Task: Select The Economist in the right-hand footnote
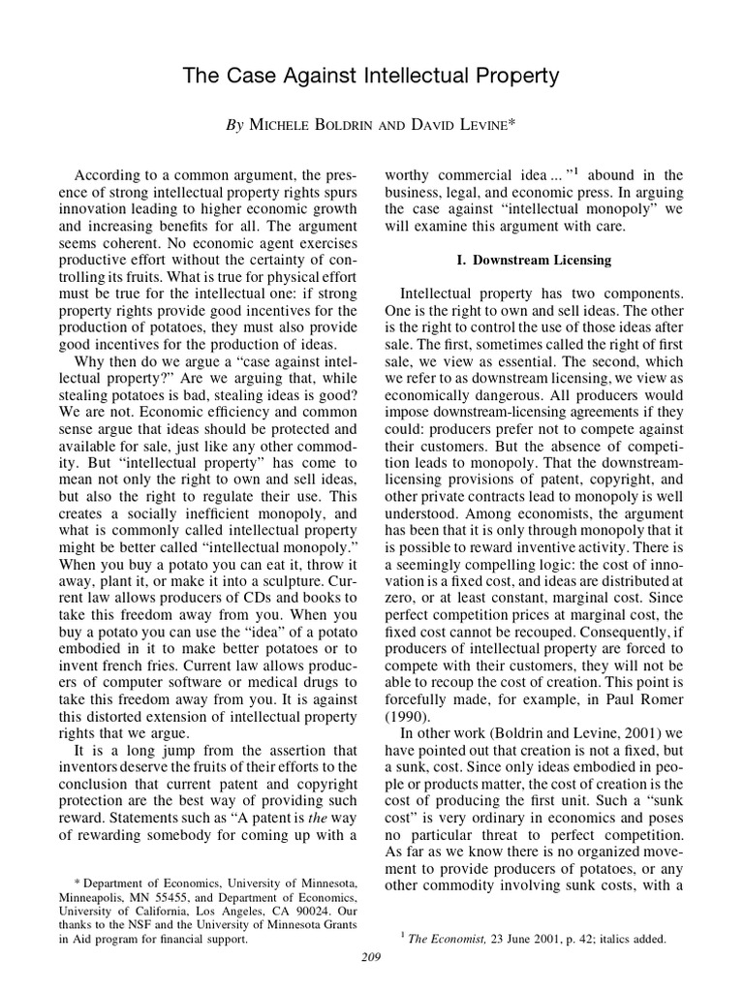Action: (447, 939)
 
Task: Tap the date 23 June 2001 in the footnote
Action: (526, 939)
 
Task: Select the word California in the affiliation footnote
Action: (142, 911)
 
